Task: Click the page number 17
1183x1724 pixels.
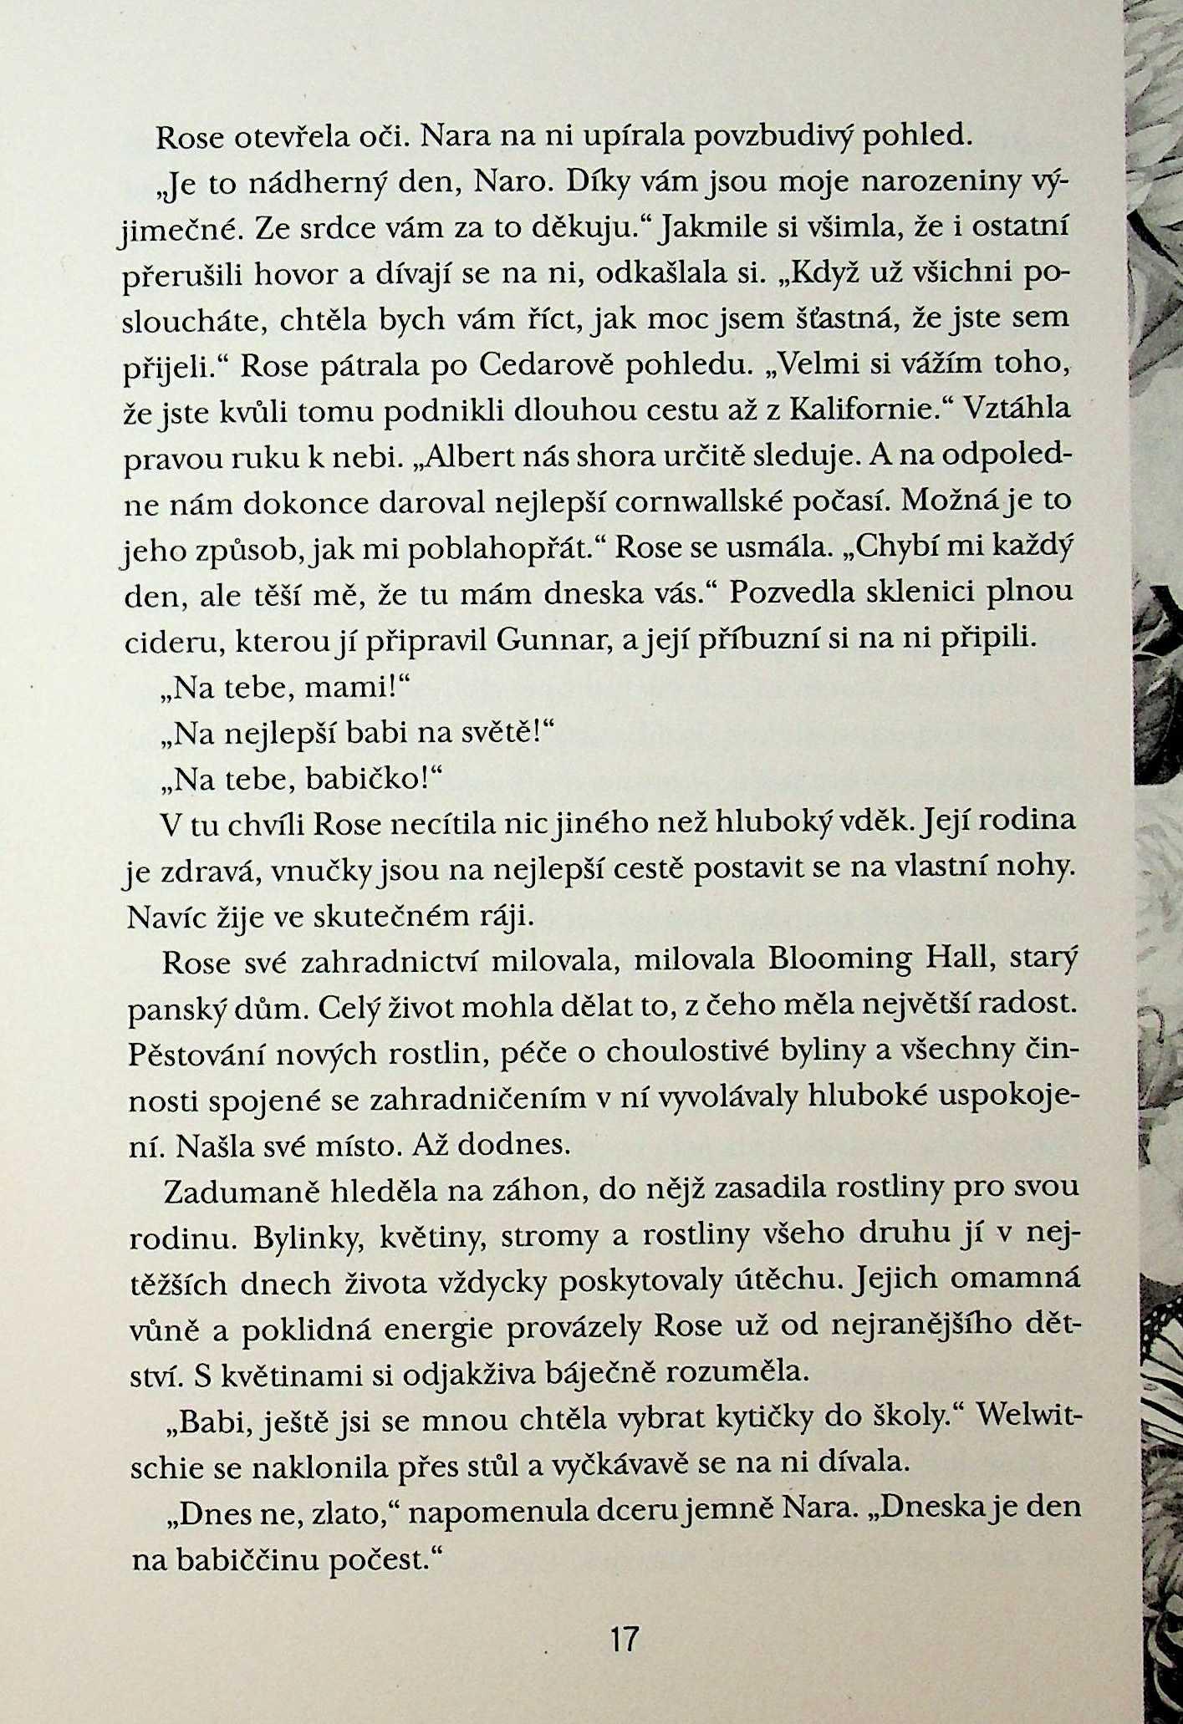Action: click(x=625, y=1638)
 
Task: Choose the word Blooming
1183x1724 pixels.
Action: click(x=839, y=960)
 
